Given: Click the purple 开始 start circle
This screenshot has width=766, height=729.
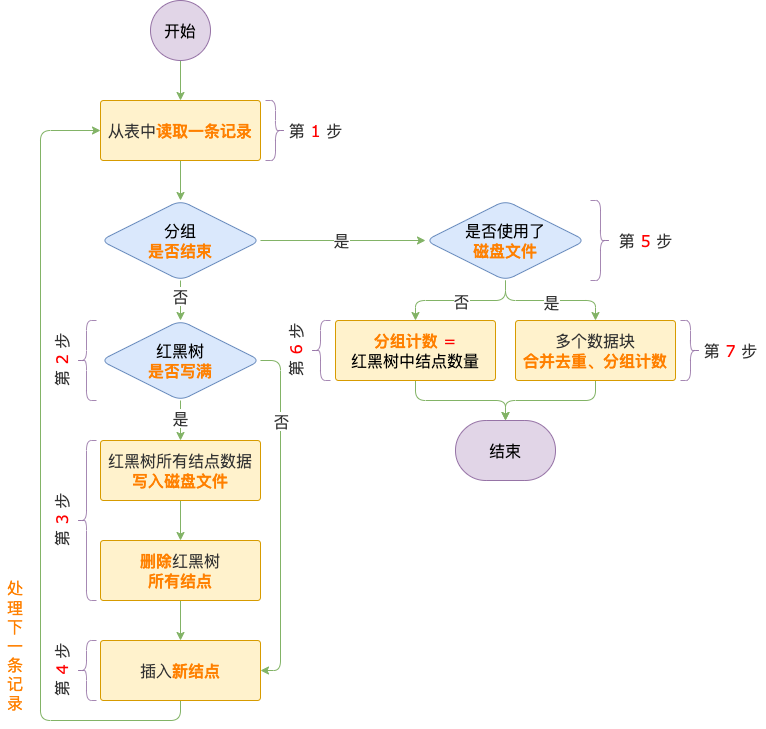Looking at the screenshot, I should [x=180, y=30].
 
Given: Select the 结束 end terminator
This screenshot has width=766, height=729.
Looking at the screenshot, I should [x=505, y=450].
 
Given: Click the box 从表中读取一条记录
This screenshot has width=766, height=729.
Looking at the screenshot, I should [x=180, y=130].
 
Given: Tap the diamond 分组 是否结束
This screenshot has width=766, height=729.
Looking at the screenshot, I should [x=180, y=240].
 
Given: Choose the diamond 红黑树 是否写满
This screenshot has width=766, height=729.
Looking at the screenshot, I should [x=180, y=360].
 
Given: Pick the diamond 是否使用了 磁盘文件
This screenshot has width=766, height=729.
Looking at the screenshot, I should [x=505, y=240].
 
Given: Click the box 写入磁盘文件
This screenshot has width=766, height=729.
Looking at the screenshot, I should [x=180, y=470].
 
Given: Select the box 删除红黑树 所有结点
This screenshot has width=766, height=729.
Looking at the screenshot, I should [x=180, y=570].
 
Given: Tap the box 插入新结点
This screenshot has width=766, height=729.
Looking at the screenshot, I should [x=180, y=670].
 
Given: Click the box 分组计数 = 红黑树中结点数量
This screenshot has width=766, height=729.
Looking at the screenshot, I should [x=415, y=350].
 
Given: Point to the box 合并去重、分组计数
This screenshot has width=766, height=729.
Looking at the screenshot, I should [x=595, y=350].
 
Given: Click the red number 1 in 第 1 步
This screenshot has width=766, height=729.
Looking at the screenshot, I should [x=315, y=131].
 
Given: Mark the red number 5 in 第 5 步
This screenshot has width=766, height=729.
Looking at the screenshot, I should [x=645, y=241].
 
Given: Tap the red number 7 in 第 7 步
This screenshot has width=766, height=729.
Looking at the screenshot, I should [x=730, y=351].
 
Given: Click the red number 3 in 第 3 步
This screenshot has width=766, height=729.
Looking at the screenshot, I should [x=63, y=520].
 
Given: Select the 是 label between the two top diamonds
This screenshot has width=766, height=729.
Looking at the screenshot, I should [x=341, y=241].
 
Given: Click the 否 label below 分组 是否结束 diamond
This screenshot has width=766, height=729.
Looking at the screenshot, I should [x=180, y=297].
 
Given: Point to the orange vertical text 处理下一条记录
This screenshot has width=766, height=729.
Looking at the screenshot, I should [x=15, y=645].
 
